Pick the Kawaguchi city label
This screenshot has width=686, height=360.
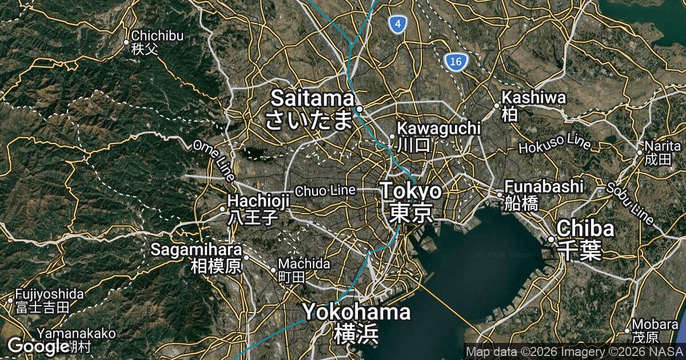coord(438,135)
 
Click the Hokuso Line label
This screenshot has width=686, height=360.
coord(555,143)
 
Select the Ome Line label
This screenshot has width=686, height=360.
coord(214,161)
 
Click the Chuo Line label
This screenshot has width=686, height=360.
coord(325,190)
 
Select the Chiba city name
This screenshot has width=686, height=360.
coord(585,239)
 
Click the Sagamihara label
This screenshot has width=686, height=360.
coord(196,258)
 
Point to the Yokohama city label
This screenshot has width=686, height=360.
coord(356,322)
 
